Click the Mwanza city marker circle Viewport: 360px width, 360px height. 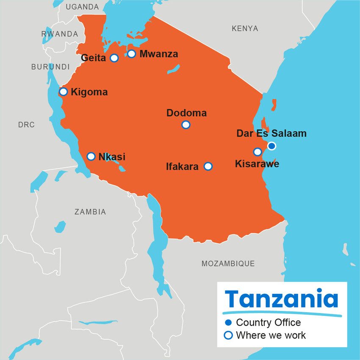(x=132, y=54)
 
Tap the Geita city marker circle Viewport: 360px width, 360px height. (x=114, y=58)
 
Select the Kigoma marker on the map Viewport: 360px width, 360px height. (x=64, y=91)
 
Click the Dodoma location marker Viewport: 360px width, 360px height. (x=186, y=125)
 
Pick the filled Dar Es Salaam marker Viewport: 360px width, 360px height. (x=271, y=146)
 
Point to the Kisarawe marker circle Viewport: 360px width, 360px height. (x=258, y=152)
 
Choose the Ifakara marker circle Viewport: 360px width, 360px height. (x=208, y=166)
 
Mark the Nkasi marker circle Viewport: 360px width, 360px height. (x=91, y=156)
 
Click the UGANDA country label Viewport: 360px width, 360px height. (x=82, y=7)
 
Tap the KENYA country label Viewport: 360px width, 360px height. (x=245, y=28)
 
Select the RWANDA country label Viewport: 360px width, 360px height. (x=60, y=34)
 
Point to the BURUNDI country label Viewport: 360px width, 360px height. (x=50, y=66)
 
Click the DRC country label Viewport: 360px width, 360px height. (x=26, y=125)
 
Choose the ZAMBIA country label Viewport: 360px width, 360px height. (x=90, y=212)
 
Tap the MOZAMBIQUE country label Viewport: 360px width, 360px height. (x=228, y=263)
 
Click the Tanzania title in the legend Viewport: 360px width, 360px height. (x=282, y=299)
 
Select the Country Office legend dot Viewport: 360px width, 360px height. (x=229, y=323)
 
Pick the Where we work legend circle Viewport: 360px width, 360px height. (x=229, y=335)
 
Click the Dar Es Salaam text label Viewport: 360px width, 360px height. (x=271, y=134)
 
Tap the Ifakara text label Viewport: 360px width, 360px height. (x=182, y=167)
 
